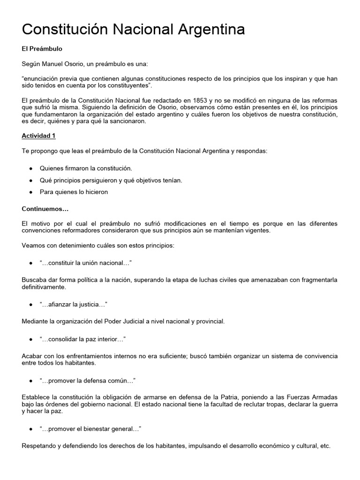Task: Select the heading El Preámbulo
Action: (x=42, y=49)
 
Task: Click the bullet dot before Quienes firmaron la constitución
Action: (x=30, y=168)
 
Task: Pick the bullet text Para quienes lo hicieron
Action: (x=74, y=192)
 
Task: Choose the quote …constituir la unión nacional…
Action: (x=79, y=263)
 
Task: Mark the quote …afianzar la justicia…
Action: (x=74, y=305)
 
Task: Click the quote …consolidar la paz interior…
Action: (x=82, y=339)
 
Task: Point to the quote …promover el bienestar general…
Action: (x=90, y=429)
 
